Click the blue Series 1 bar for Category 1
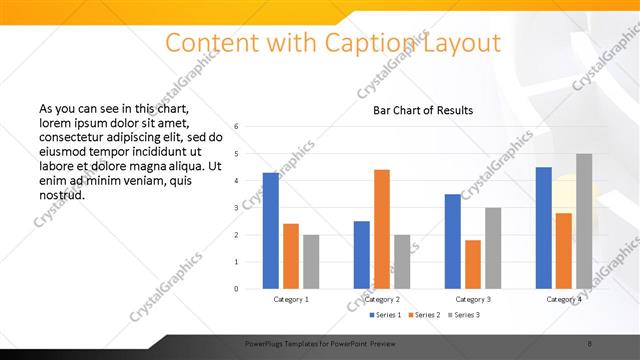tap(271, 231)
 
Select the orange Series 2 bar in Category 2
tap(382, 229)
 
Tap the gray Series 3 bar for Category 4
tap(583, 221)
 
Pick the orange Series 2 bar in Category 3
tap(473, 264)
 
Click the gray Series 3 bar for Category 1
tap(311, 262)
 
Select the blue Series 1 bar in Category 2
tap(362, 255)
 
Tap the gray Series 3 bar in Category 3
tap(493, 248)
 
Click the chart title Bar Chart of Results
tap(423, 110)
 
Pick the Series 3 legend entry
tap(465, 315)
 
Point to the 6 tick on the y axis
tap(236, 127)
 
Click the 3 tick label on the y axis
tap(236, 208)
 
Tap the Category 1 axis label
tap(291, 299)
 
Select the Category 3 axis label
tap(473, 299)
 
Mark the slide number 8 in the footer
tap(590, 342)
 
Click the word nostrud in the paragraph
tap(61, 195)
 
